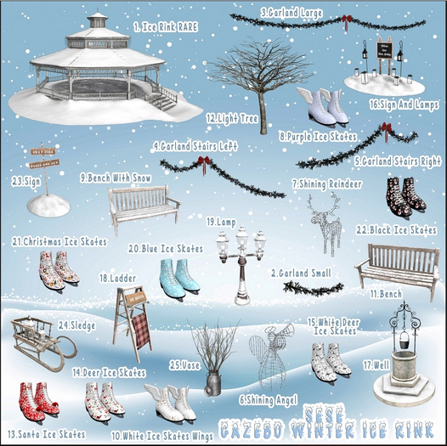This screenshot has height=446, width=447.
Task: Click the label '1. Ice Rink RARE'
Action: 167,27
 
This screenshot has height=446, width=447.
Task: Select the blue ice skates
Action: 178,275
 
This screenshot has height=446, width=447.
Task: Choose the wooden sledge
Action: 37,339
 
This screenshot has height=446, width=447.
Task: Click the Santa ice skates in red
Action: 38,398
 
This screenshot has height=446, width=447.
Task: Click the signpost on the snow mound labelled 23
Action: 42,178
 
